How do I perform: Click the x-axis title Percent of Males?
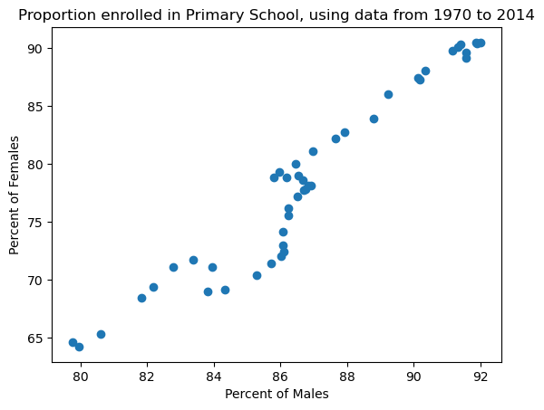277,394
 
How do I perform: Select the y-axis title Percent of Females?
15,195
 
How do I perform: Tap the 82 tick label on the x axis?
147,376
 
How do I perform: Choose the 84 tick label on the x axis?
214,376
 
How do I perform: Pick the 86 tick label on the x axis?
280,376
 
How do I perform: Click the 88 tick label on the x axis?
347,376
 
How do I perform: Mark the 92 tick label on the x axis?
481,376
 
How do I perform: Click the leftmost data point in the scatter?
73,342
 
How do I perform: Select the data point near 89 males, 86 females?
388,94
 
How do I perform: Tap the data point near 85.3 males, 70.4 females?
257,275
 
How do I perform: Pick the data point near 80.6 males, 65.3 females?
101,334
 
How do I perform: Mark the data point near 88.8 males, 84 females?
374,119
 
